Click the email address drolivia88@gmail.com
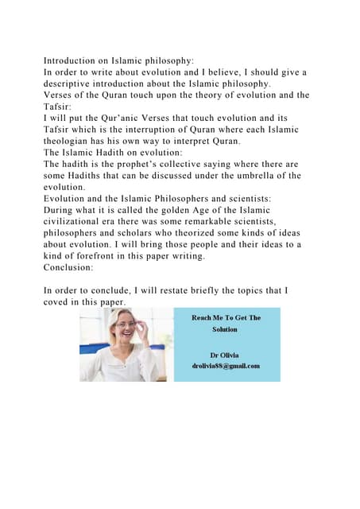click(226, 365)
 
